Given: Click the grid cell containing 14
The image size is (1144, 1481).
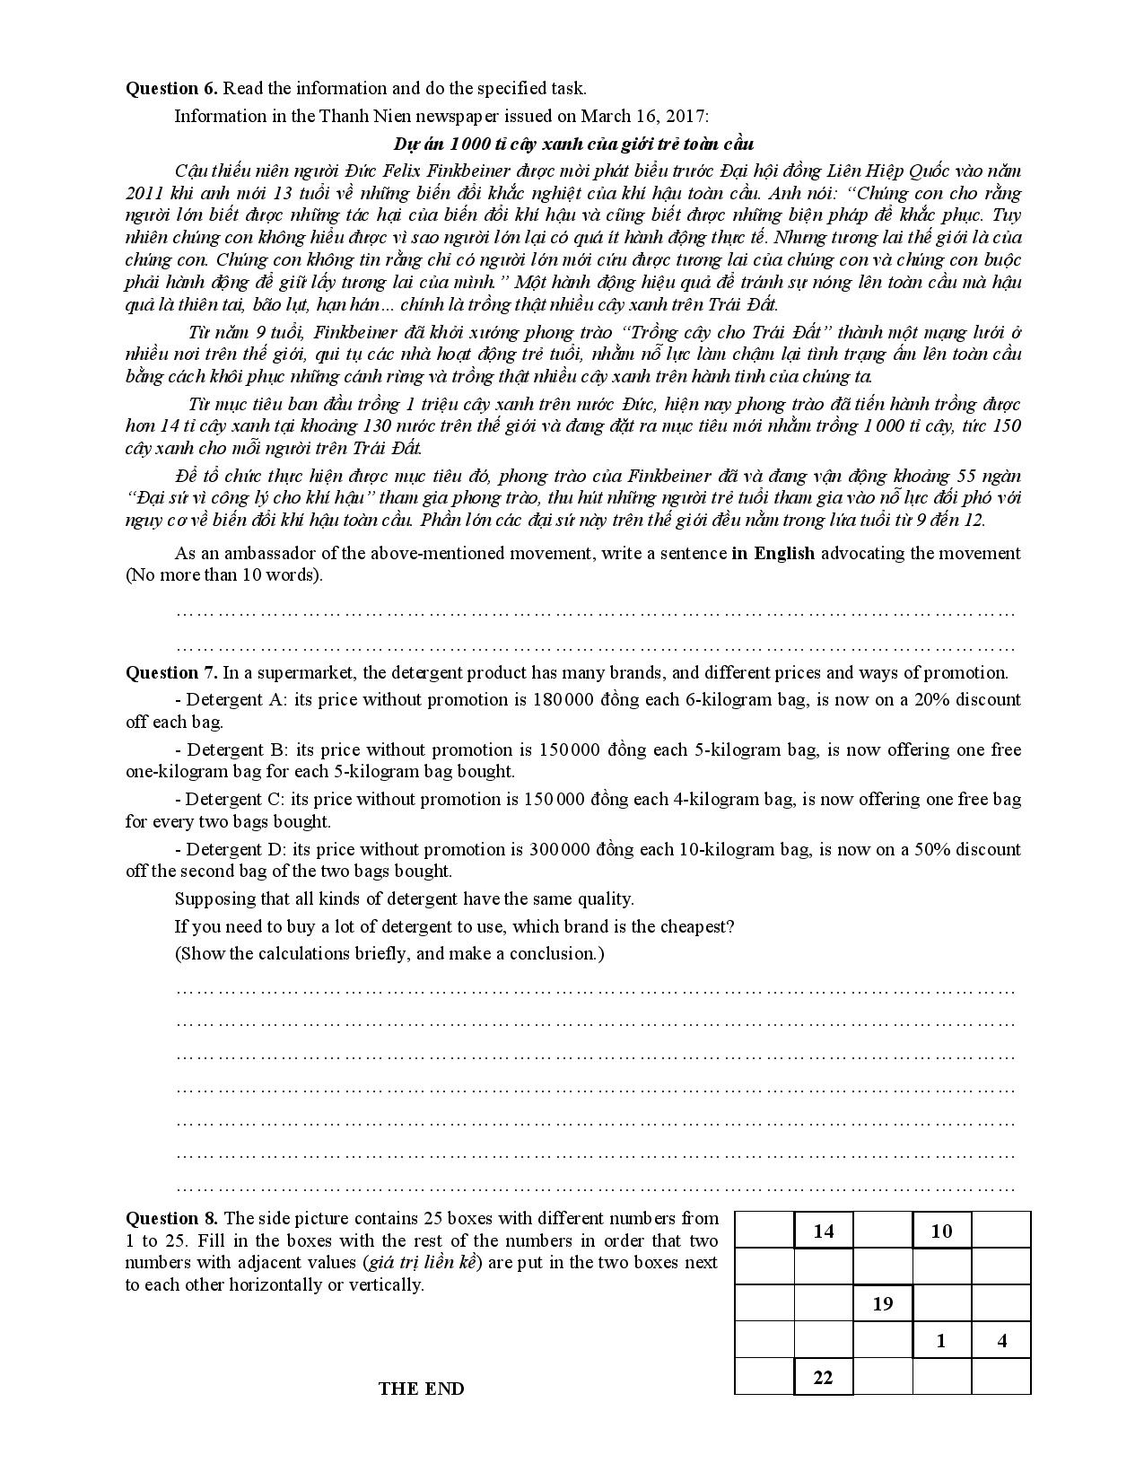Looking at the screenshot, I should [x=823, y=1231].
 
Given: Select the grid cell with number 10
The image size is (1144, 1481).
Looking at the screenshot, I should [x=941, y=1231].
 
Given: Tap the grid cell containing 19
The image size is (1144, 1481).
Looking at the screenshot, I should [x=882, y=1303].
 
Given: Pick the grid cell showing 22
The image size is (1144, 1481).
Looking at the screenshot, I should [x=823, y=1377].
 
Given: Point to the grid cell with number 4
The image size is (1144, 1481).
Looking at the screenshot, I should [x=1001, y=1341].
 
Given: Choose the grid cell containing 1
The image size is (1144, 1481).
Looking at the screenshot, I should [x=941, y=1341].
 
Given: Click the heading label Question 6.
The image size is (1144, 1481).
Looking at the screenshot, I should [x=171, y=88].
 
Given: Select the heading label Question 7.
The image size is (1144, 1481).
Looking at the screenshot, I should [x=171, y=672].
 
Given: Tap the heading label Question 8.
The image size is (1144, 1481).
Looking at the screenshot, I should [x=171, y=1218].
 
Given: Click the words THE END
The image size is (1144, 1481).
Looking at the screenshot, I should [x=421, y=1389].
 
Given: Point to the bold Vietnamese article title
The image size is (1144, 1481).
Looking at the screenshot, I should [x=573, y=144].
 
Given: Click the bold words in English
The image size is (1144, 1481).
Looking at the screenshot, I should [x=773, y=553].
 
